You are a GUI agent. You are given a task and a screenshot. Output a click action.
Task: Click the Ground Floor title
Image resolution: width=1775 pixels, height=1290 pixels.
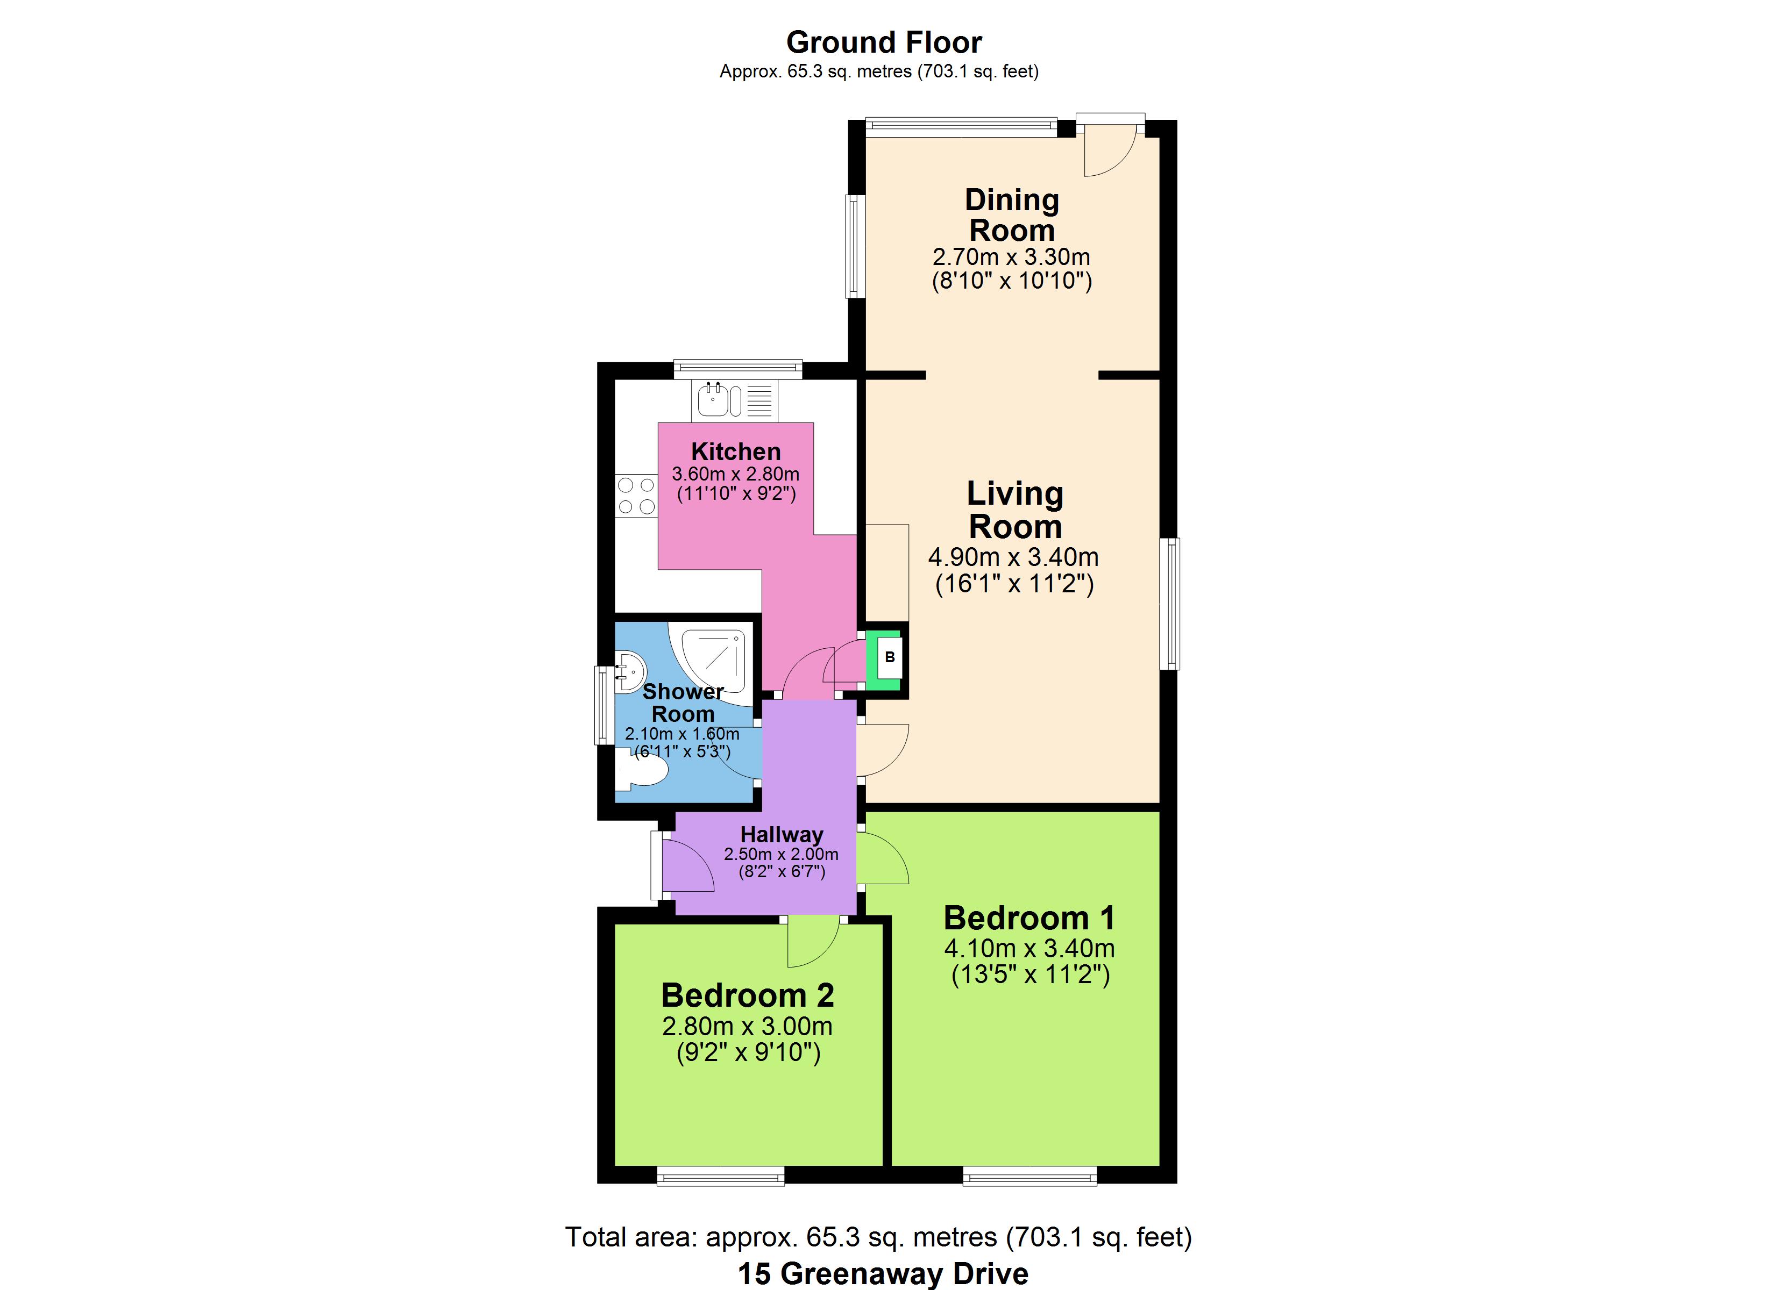(x=884, y=42)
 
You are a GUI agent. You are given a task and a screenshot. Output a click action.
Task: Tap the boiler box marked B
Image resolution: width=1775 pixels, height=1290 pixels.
(x=890, y=657)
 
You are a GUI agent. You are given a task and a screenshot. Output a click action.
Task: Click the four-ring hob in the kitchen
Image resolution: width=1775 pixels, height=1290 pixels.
(x=636, y=496)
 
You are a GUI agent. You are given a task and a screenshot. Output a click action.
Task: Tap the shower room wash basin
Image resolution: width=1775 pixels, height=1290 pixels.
(x=629, y=670)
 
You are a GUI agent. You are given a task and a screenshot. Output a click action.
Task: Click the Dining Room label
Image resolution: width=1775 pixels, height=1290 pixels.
(x=1012, y=215)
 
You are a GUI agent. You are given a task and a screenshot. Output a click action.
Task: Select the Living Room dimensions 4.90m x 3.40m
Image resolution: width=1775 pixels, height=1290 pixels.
(x=1013, y=557)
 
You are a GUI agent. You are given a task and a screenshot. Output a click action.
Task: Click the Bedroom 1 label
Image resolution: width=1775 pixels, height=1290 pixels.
(x=1029, y=918)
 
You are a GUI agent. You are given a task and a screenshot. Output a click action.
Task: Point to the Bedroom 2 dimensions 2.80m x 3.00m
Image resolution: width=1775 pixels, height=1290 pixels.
(x=748, y=1026)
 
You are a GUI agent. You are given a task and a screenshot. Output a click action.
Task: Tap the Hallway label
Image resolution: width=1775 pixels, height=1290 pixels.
(x=782, y=835)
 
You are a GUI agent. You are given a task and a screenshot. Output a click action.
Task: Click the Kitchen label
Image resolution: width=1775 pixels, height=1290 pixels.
(x=736, y=451)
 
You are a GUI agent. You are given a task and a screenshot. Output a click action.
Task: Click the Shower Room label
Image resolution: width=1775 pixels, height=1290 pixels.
(x=683, y=703)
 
